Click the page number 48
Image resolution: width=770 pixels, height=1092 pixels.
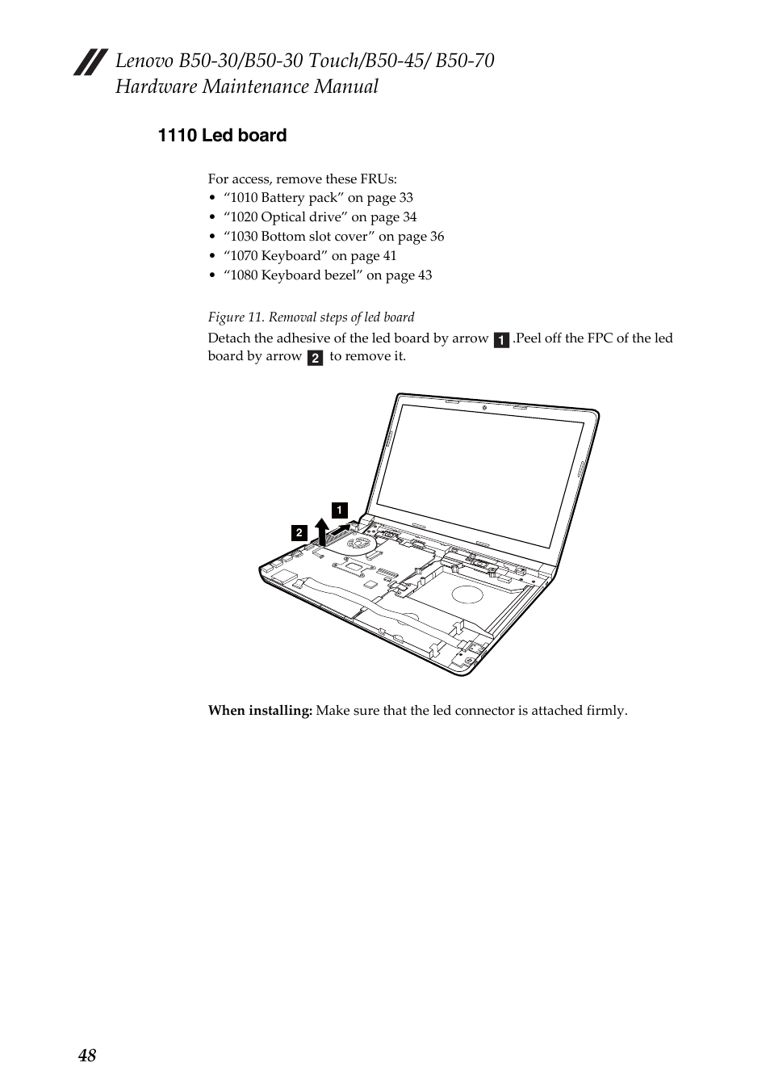point(87,1056)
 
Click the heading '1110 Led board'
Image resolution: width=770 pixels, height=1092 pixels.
point(222,136)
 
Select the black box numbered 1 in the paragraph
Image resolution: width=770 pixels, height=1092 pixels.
point(501,340)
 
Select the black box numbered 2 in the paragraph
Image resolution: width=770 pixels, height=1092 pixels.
point(315,358)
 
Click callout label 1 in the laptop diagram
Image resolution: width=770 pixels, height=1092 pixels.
point(340,510)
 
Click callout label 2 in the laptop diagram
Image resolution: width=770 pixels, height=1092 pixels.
point(299,532)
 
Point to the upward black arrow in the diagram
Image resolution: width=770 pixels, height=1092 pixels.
point(322,531)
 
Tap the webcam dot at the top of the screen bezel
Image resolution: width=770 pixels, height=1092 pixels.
point(483,406)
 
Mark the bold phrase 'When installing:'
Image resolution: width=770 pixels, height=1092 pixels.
point(260,711)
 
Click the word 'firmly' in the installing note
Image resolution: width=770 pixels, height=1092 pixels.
point(605,711)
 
